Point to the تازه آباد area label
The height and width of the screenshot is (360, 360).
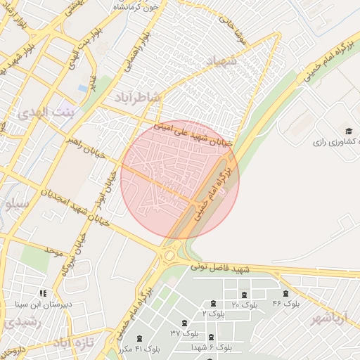point(73,342)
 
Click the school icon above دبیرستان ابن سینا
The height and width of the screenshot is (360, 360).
point(44,293)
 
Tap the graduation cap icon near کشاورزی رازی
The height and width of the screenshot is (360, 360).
point(348,131)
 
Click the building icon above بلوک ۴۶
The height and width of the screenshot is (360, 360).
point(285,294)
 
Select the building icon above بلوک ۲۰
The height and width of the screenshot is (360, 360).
point(244,295)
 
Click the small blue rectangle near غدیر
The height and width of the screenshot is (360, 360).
point(83,89)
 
